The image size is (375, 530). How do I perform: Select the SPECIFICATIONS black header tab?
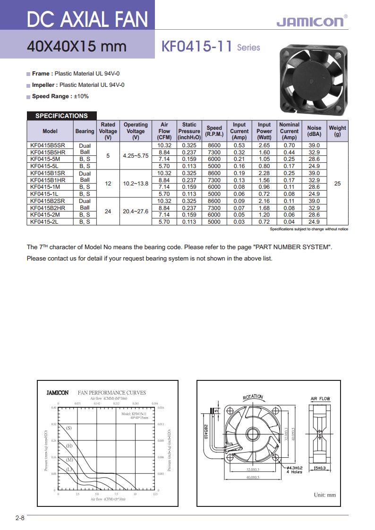[61, 116]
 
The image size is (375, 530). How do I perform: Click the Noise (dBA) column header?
[314, 131]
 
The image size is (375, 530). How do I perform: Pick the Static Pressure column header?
[189, 131]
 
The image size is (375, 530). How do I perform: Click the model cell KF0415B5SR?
[48, 145]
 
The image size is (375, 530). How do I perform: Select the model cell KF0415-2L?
[44, 221]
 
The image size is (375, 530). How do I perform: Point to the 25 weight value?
[337, 184]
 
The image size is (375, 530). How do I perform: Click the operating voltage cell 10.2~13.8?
[136, 184]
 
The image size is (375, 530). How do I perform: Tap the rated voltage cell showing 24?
[108, 211]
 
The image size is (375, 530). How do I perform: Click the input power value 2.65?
[264, 145]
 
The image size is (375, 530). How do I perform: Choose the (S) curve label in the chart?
[69, 428]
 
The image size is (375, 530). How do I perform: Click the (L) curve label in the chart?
[69, 469]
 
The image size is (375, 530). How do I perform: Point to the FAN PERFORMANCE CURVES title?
[111, 393]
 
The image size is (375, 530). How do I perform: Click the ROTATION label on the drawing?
[253, 397]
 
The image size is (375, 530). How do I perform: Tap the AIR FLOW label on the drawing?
[320, 399]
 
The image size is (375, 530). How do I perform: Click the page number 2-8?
[19, 518]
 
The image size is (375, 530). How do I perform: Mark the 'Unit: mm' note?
[324, 495]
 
